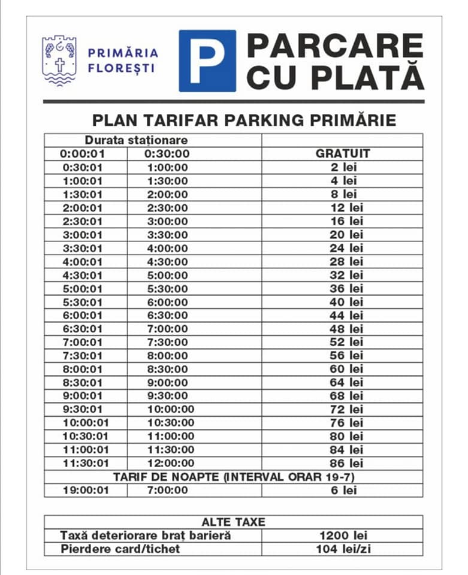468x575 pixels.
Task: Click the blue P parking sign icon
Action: point(207,60)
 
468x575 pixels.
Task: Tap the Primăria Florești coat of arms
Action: point(59,60)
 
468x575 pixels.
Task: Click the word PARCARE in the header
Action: point(335,46)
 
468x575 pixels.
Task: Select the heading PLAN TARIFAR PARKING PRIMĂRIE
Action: point(244,120)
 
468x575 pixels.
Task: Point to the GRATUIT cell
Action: point(343,153)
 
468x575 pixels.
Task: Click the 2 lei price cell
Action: point(343,167)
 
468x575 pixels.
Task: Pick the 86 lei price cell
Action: point(347,463)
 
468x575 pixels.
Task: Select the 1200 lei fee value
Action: point(343,535)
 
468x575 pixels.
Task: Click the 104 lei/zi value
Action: point(343,549)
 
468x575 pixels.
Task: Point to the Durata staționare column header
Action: point(136,140)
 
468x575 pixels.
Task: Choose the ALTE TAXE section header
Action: point(233,522)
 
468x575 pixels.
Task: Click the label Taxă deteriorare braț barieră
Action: point(146,535)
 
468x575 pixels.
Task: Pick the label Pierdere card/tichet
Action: point(120,549)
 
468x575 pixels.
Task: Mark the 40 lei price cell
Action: point(347,302)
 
